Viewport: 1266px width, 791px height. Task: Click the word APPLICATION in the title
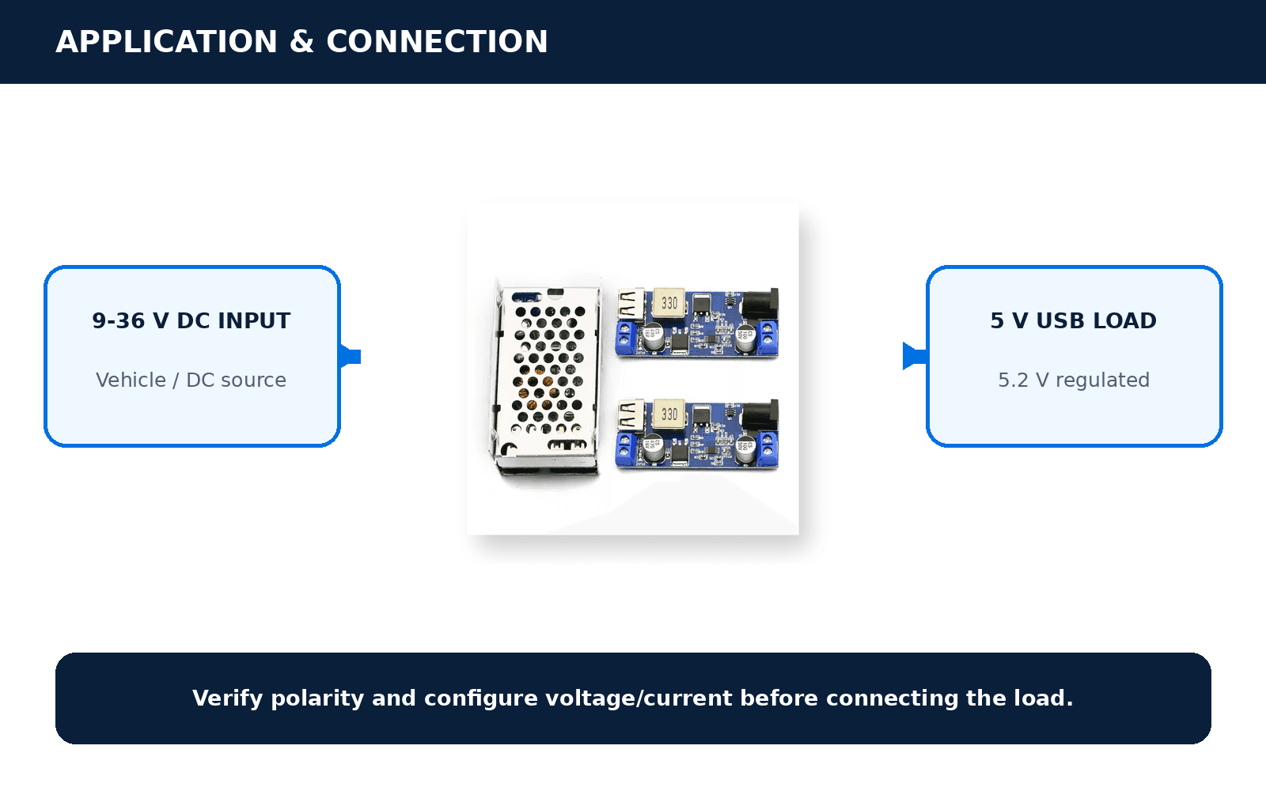click(x=167, y=42)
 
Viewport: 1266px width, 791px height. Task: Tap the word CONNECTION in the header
click(x=437, y=42)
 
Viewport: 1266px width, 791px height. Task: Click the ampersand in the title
click(x=301, y=42)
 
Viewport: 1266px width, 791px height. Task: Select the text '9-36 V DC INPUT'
click(x=191, y=321)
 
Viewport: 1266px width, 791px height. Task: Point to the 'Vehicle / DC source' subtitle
click(x=191, y=380)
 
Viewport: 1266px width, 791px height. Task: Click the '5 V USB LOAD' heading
click(x=1073, y=321)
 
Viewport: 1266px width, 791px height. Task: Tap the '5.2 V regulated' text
click(x=1074, y=380)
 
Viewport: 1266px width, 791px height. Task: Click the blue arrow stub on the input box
click(x=351, y=356)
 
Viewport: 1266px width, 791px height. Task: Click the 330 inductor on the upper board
click(x=669, y=304)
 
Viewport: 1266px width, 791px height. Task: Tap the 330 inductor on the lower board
click(x=669, y=414)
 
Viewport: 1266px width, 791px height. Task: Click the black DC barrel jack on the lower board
click(x=760, y=416)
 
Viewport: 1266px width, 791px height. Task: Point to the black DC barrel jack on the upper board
click(x=760, y=305)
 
